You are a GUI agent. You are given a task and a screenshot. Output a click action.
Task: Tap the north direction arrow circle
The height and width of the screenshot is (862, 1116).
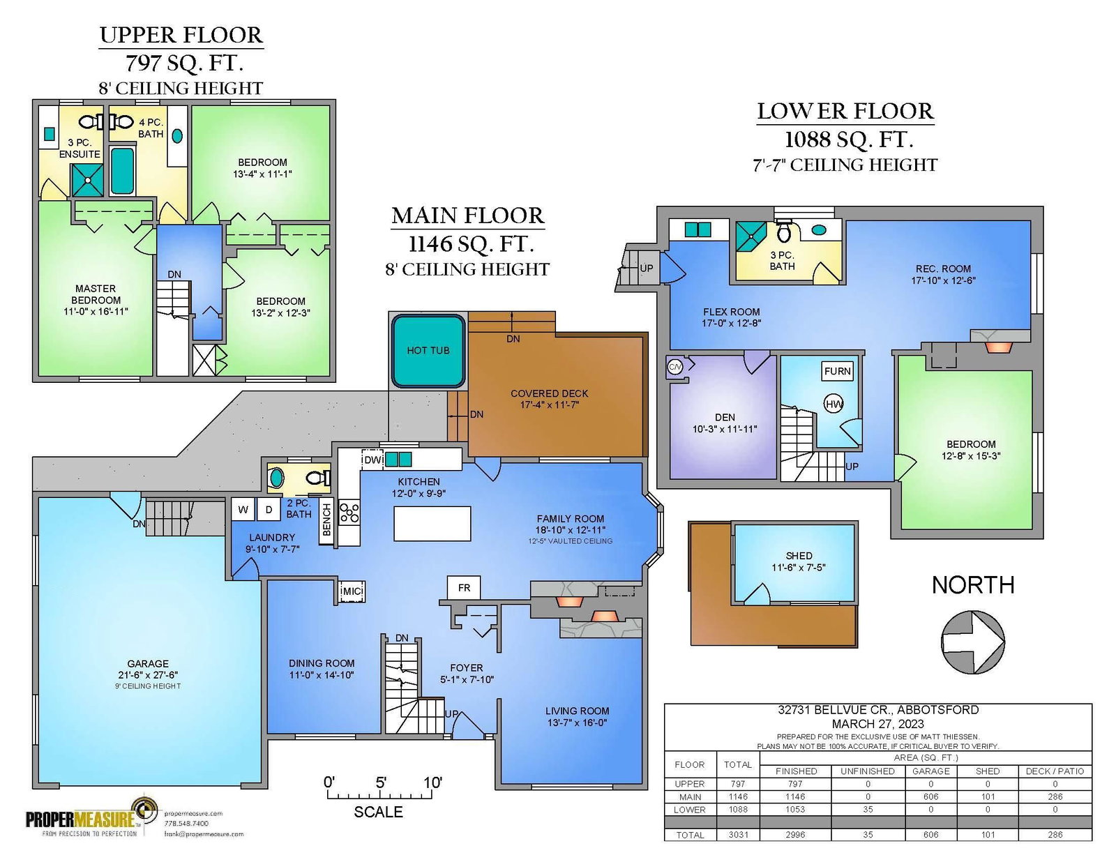tap(973, 642)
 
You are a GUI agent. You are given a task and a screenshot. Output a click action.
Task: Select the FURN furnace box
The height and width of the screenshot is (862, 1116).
tap(837, 371)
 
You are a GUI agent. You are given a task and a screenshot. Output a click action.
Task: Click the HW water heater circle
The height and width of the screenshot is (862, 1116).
tap(834, 404)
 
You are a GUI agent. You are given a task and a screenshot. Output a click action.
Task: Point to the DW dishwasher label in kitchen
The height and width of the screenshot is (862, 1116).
tap(372, 460)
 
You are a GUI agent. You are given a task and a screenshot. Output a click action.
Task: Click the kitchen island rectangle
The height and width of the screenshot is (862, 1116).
tap(432, 523)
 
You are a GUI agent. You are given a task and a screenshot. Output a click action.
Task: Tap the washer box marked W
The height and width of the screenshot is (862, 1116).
tap(243, 510)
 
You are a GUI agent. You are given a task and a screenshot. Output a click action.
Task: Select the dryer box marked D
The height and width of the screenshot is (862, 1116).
tap(269, 510)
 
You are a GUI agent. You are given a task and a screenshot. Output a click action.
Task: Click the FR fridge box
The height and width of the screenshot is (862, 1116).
tap(464, 587)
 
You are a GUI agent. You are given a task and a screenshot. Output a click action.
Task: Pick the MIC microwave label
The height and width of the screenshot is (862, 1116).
tap(353, 591)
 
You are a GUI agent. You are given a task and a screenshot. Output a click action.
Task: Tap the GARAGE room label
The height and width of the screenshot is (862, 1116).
tap(148, 663)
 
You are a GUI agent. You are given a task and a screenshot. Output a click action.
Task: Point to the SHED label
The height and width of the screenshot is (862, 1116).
tap(799, 556)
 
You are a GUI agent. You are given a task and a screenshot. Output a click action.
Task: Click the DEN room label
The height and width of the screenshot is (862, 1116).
tap(725, 417)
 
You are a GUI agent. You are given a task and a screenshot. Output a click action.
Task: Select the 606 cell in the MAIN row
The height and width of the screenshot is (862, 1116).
tap(930, 797)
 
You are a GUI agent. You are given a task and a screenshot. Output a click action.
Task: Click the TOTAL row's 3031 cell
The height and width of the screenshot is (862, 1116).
tap(738, 835)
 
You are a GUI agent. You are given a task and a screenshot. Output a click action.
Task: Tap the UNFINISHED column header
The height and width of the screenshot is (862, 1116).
tap(868, 771)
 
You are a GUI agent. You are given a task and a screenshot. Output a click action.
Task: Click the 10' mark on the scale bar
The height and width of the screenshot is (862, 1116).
tap(432, 783)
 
